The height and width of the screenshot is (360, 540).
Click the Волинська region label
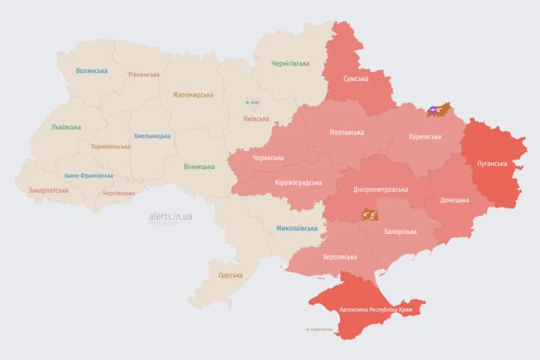coord(91,71)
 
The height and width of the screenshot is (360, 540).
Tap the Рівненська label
coord(143,75)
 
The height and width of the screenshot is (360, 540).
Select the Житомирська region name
coord(193,95)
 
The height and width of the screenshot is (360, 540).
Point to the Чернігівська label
coord(289,64)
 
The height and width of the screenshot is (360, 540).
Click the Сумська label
coord(355,79)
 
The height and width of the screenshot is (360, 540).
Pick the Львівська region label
coord(66,127)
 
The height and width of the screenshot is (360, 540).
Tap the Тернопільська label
coord(109,147)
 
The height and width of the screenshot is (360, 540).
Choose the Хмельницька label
coord(151,136)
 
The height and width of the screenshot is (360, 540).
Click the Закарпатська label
coord(48,190)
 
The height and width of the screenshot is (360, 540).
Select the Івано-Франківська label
coord(88,175)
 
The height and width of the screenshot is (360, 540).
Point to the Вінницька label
coord(199,166)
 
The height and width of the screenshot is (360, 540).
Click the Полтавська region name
coord(346,133)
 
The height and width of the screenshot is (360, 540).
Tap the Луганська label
coord(492,163)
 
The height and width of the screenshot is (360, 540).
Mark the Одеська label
coord(230,275)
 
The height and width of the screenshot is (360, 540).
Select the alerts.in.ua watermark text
coord(170,216)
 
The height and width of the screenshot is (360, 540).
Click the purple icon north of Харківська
coord(434,110)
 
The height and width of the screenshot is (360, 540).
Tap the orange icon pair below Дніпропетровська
coord(370,215)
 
